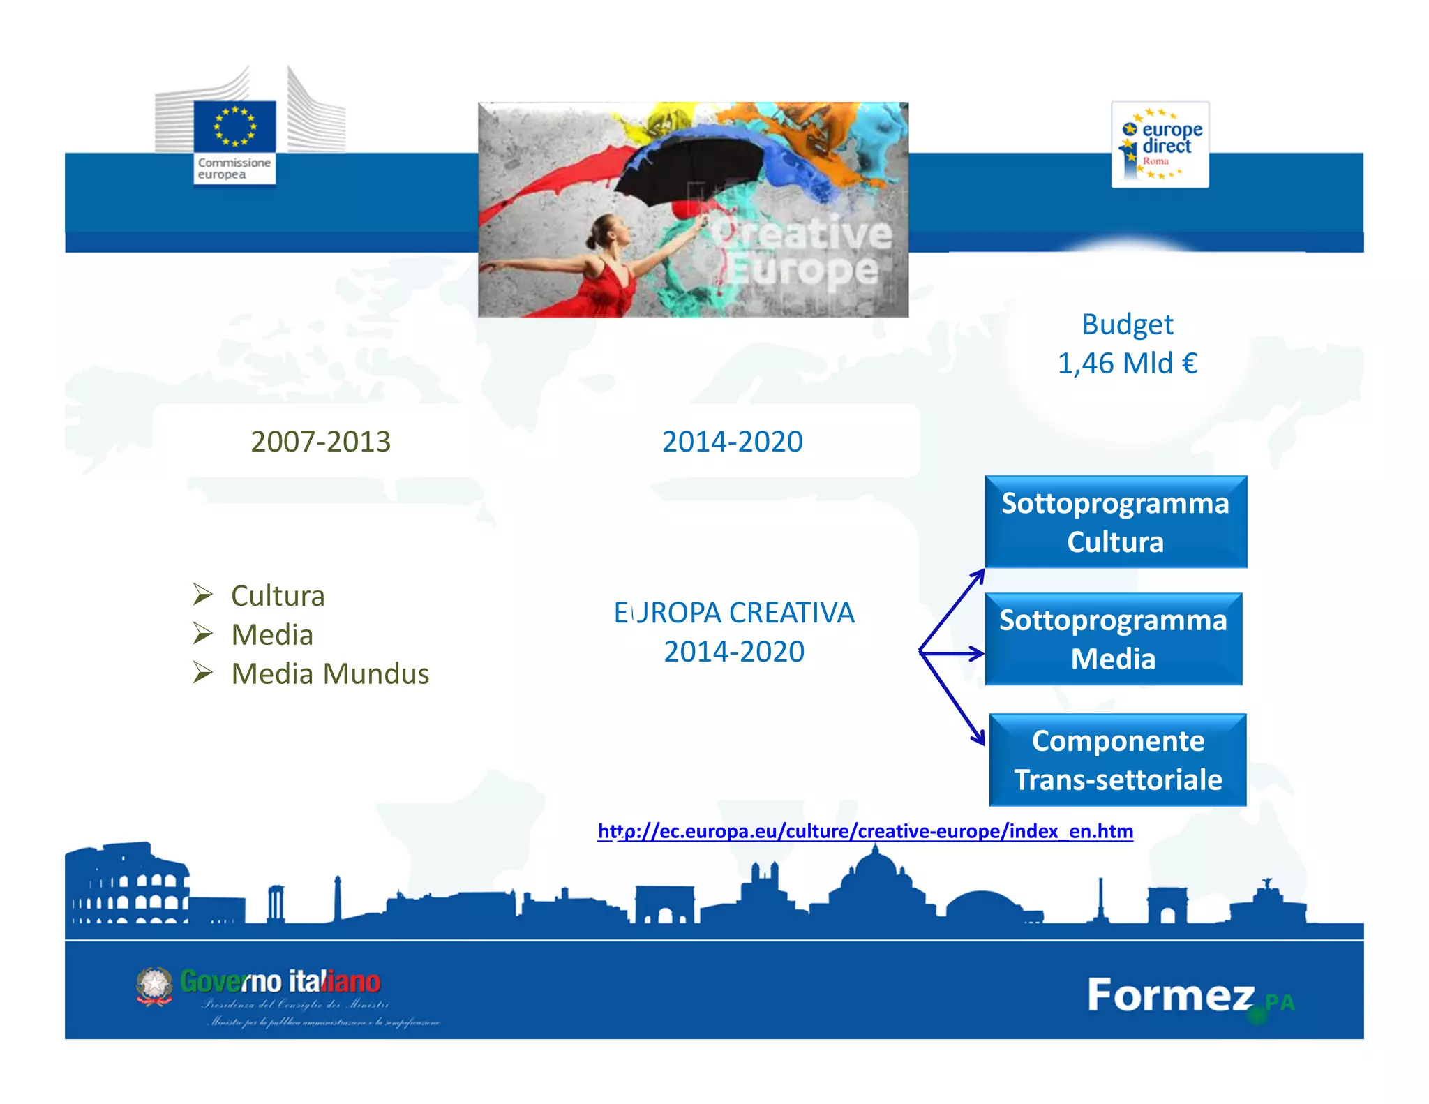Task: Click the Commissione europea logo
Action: [x=234, y=142]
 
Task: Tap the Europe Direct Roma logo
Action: [x=1160, y=144]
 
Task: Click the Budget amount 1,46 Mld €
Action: [x=1128, y=364]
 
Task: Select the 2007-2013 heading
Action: [x=320, y=442]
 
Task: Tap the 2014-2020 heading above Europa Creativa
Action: [x=732, y=442]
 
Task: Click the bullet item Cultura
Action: [x=278, y=596]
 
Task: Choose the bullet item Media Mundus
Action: [x=330, y=674]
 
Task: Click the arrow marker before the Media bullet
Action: [x=203, y=634]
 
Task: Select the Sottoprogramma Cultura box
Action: [x=1115, y=522]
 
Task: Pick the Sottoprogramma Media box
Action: [x=1113, y=639]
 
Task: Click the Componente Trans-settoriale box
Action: [x=1117, y=760]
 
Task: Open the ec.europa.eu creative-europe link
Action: [x=865, y=831]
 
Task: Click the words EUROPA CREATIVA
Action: [x=734, y=613]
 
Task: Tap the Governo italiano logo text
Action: [x=280, y=982]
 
